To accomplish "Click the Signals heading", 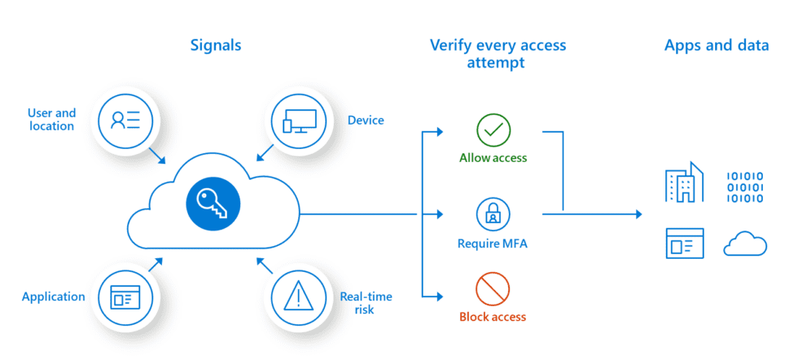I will pos(215,46).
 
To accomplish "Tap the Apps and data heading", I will pos(716,46).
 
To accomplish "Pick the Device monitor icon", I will pos(299,120).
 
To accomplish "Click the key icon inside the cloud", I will pos(213,203).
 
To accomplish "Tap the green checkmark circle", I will pos(493,130).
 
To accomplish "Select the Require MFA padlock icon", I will pos(493,214).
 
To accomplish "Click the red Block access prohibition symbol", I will pos(493,288).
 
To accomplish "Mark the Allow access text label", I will pos(493,158).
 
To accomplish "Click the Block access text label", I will pos(493,317).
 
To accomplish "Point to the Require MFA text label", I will pos(493,243).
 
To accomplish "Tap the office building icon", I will pos(684,182).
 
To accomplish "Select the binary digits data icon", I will pos(744,186).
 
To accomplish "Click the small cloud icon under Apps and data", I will pos(745,243).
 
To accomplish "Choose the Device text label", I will pos(366,121).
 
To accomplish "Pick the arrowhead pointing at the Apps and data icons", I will pos(638,214).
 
